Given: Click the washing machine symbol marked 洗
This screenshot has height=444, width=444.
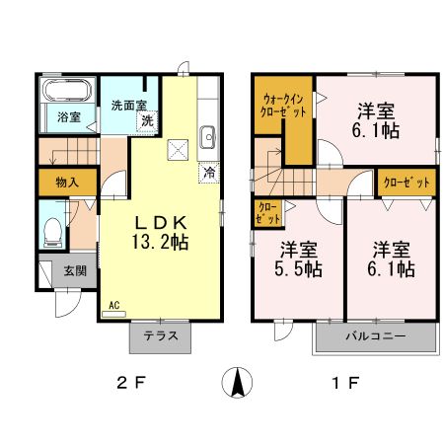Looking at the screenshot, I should (146, 120).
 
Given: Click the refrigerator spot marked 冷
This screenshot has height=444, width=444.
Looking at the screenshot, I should (209, 173).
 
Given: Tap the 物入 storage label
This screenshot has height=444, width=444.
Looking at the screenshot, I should (67, 183).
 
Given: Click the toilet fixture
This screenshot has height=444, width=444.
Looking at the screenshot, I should (53, 234).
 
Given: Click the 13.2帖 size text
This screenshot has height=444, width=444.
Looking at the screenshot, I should (161, 241).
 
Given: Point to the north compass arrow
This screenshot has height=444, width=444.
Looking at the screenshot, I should (238, 381).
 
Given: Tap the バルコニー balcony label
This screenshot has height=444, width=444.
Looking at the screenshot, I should (375, 335).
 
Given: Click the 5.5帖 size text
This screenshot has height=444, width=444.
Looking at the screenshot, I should (298, 266).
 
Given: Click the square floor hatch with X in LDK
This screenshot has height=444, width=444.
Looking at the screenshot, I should (180, 150).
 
